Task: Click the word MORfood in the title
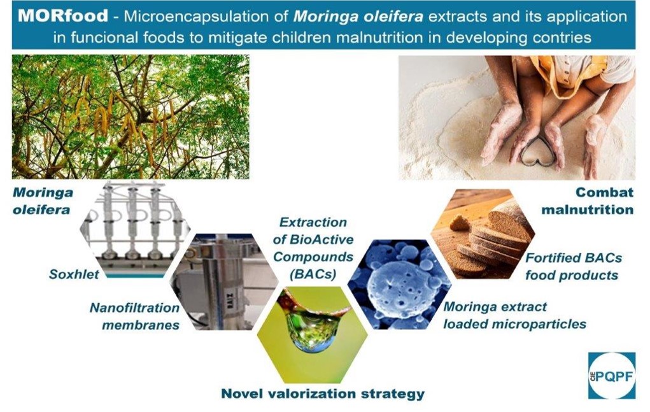coord(63,16)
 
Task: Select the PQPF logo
coord(611,376)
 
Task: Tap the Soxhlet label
coord(74,274)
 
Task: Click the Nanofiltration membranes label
coord(135,316)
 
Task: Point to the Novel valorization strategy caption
coord(323,394)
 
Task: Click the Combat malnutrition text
coord(588,201)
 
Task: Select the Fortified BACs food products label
coord(574,267)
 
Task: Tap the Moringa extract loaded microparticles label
coord(515,315)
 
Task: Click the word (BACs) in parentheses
coord(313,274)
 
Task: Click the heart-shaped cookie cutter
coord(538,152)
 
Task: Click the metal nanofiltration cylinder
coord(224,282)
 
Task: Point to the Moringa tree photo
coord(131,117)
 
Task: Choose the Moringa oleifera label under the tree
coord(42,201)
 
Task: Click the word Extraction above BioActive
coord(313,222)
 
